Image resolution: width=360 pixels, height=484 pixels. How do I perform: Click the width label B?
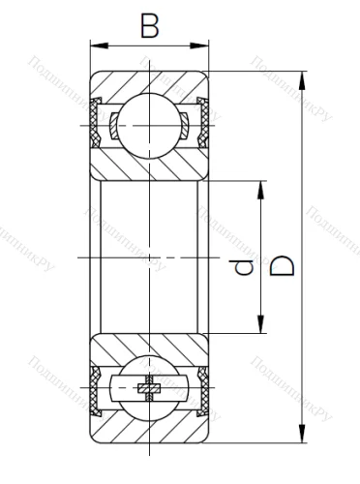pyautogui.click(x=149, y=25)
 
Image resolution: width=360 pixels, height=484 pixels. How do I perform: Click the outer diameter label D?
pyautogui.click(x=283, y=263)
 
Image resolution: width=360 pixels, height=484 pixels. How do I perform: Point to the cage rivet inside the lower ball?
pyautogui.click(x=150, y=389)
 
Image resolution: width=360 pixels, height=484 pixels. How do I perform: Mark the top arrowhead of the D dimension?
pyautogui.click(x=303, y=77)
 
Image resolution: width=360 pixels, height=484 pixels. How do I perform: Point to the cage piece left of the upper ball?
pyautogui.click(x=115, y=123)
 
